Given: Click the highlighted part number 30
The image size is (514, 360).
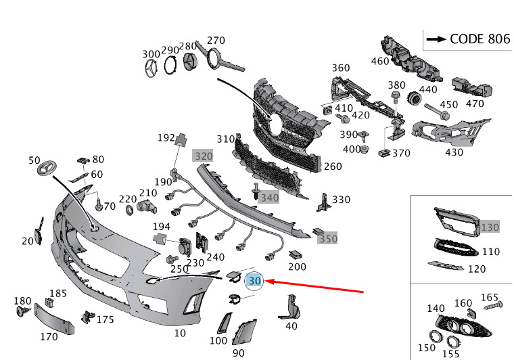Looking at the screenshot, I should (x=255, y=280).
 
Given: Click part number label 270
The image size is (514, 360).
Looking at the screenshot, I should (x=215, y=40).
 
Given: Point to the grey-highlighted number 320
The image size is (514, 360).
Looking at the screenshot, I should (x=204, y=156).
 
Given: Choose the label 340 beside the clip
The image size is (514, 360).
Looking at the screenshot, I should (x=269, y=198).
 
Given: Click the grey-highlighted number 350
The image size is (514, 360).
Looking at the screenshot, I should (x=328, y=238).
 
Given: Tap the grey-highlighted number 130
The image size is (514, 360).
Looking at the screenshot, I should (x=490, y=227).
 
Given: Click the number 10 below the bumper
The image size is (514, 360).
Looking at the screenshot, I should (x=180, y=334).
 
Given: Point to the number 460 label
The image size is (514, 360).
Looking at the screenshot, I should (x=380, y=61).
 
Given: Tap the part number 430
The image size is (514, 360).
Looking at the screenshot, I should (x=454, y=152).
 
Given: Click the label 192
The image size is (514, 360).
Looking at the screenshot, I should (x=166, y=137).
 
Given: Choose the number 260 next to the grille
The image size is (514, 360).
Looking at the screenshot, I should (x=333, y=166).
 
